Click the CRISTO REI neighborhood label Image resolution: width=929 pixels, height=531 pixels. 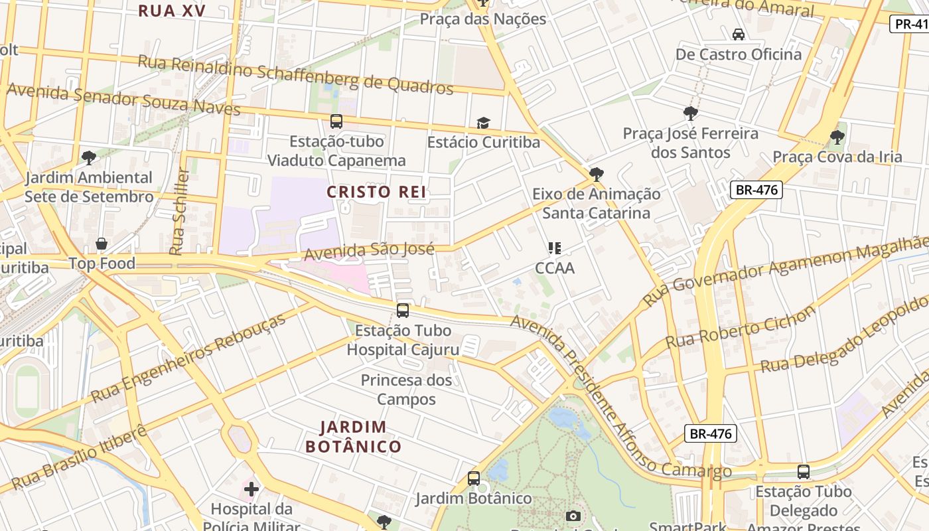(x=376, y=192)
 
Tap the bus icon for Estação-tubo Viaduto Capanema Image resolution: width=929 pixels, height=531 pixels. (x=336, y=121)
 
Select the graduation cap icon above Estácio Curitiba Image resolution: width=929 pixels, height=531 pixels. (x=483, y=123)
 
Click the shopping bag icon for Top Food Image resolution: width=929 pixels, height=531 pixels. (x=102, y=244)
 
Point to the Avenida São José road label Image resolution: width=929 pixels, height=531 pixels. (x=369, y=251)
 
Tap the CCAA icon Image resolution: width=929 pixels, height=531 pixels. (x=555, y=248)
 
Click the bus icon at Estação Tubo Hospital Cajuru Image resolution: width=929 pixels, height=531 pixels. (x=403, y=310)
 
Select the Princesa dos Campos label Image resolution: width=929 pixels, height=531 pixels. (x=406, y=390)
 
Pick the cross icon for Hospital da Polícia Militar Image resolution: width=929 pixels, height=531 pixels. (x=251, y=490)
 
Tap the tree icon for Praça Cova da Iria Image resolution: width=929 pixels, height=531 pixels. (x=837, y=137)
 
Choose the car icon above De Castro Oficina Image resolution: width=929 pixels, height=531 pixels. (x=738, y=34)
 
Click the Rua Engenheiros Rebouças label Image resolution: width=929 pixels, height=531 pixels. (x=188, y=357)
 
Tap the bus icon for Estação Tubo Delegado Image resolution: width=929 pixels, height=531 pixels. (x=804, y=472)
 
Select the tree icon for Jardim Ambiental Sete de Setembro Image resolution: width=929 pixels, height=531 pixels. (x=88, y=158)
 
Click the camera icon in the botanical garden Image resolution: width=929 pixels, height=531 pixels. (x=573, y=516)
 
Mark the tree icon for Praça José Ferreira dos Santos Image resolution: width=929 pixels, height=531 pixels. (x=690, y=114)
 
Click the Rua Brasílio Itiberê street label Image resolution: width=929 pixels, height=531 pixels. (x=78, y=458)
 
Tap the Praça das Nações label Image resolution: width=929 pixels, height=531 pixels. (x=483, y=19)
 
